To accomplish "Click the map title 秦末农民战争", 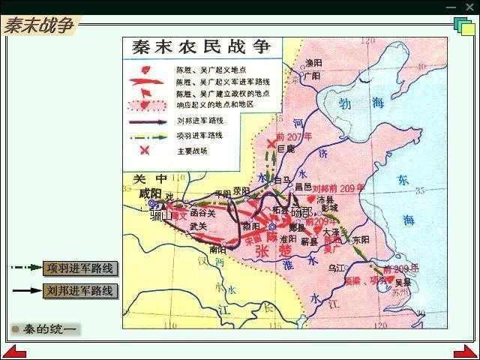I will tap(202, 47).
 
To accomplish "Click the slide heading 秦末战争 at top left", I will tap(39, 25).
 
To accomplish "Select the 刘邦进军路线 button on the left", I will tap(79, 290).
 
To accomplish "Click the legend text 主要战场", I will tap(190, 151).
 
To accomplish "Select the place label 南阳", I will tap(217, 247).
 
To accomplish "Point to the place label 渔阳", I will tap(311, 64).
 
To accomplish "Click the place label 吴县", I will tap(403, 281).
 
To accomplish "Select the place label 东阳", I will tap(361, 240).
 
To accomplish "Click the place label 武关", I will tap(198, 226).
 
